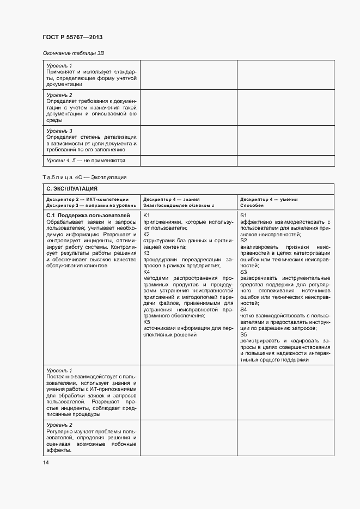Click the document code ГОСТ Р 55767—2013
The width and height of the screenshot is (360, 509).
coord(72,38)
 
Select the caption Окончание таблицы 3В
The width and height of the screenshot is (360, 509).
coord(73,53)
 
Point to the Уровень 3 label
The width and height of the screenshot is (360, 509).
coord(59,131)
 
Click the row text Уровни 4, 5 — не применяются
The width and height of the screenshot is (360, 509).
coord(86,161)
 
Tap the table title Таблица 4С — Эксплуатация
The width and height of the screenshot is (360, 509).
coord(84,177)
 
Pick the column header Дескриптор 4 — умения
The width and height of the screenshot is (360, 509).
coord(269,199)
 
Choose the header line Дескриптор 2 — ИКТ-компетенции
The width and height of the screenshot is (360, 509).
coord(88,199)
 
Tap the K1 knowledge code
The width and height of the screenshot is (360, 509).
coord(146,216)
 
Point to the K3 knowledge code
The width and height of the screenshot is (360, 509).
coord(146,253)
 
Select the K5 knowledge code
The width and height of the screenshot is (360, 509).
coord(146,322)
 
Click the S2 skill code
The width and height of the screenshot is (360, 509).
coord(243,240)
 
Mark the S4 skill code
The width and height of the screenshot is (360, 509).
coord(243,309)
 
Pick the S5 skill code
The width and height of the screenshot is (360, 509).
coord(243,334)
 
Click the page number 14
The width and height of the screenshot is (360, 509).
coord(46,463)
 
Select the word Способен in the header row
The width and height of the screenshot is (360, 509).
coord(252,205)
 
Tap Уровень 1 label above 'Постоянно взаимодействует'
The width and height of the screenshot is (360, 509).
coord(59,370)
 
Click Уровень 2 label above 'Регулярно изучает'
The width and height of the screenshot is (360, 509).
coord(59,425)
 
